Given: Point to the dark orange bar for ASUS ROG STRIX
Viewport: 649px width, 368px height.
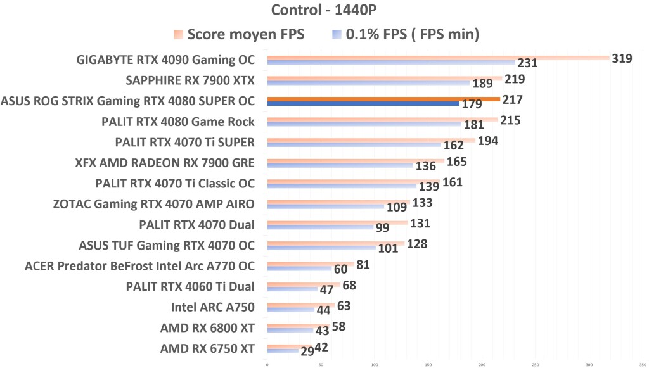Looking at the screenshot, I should pos(383,99).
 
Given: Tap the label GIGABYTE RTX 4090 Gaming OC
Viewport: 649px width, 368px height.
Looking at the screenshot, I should pos(165,60).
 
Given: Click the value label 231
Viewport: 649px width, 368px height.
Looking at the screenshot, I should pos(527,63).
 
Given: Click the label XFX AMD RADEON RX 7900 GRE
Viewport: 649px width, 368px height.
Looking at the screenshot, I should pos(164,163).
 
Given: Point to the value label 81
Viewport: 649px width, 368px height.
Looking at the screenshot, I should pos(363,264).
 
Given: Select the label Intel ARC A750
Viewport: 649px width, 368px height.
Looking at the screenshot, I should pos(213,307).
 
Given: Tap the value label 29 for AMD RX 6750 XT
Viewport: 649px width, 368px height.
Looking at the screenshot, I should pos(306,352).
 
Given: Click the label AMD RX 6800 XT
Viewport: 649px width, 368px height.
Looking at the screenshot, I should pos(207,327).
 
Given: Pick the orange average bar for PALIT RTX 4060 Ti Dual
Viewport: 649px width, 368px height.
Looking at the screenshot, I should pos(304,284).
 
